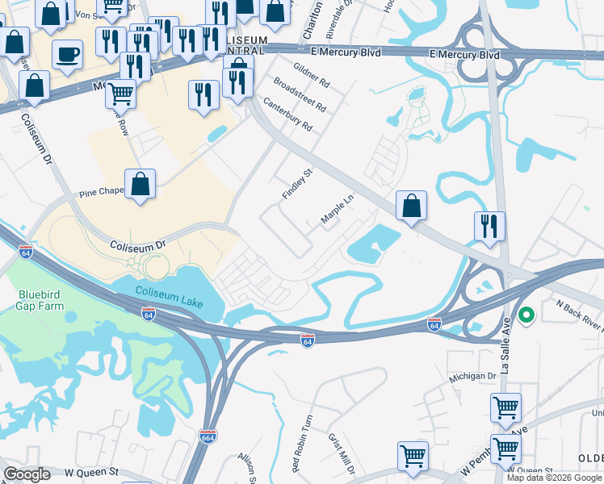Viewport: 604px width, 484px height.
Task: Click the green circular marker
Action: coord(526,315)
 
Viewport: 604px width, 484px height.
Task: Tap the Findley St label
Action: coord(296,185)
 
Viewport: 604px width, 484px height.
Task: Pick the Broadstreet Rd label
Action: coord(300,94)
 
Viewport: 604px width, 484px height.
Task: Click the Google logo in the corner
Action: coord(27,474)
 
